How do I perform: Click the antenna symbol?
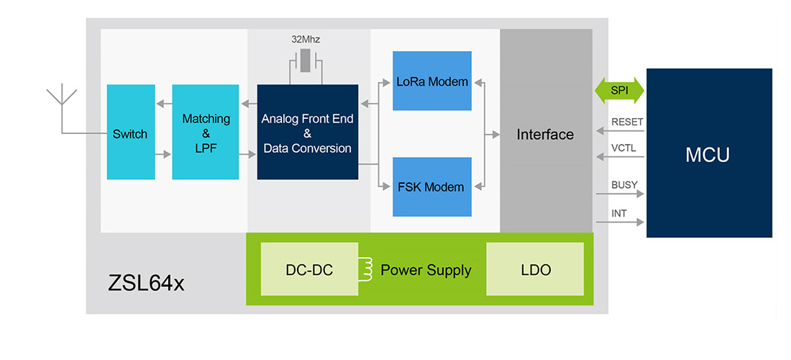click(62, 97)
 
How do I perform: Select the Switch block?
click(131, 132)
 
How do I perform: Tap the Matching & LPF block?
click(206, 132)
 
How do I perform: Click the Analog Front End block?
click(307, 132)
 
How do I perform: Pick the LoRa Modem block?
click(432, 81)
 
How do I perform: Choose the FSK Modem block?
click(432, 186)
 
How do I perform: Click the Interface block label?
click(545, 135)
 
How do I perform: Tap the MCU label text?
click(708, 154)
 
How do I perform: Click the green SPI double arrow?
click(619, 91)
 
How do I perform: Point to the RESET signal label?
click(627, 122)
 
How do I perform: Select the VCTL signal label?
click(624, 148)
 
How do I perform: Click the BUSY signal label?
click(624, 184)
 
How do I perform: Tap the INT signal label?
click(618, 213)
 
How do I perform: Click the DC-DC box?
click(308, 269)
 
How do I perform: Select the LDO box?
click(534, 269)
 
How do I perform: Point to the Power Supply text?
click(426, 270)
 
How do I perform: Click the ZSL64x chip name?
click(146, 283)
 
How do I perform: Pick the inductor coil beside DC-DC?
click(366, 269)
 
